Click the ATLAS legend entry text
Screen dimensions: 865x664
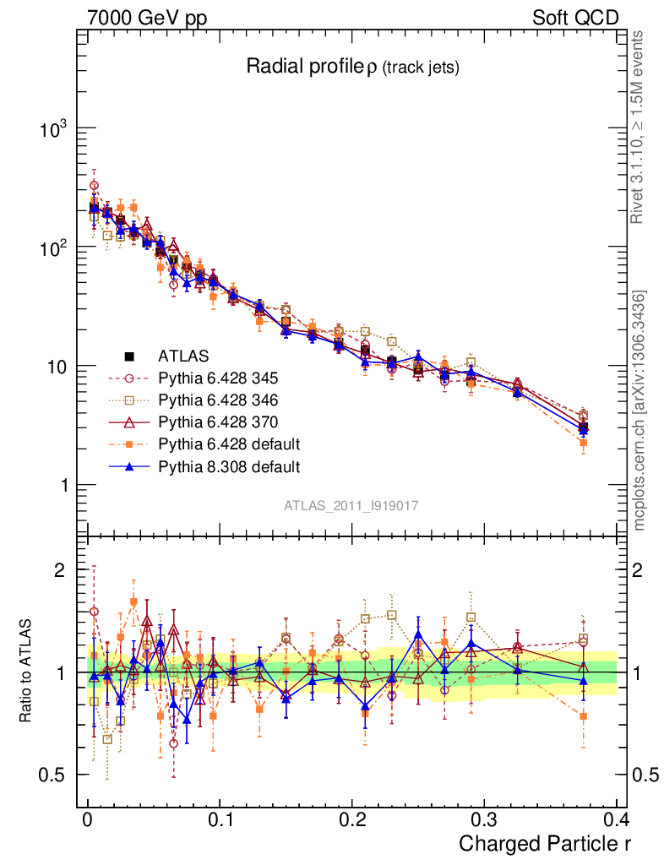pos(182,356)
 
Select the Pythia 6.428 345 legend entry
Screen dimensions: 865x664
pos(218,378)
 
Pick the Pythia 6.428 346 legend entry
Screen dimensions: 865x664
pos(218,400)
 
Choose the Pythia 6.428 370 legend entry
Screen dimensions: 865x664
pos(218,422)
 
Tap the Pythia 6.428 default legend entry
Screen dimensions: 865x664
pos(229,443)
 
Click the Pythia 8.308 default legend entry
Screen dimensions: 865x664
pos(229,465)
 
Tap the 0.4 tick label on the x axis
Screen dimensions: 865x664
pos(616,820)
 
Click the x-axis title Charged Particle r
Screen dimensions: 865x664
pos(545,844)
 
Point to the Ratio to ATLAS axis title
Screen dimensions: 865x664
pos(28,672)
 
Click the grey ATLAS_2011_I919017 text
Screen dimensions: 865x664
pos(351,505)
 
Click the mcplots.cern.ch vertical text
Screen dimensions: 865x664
pos(640,411)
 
